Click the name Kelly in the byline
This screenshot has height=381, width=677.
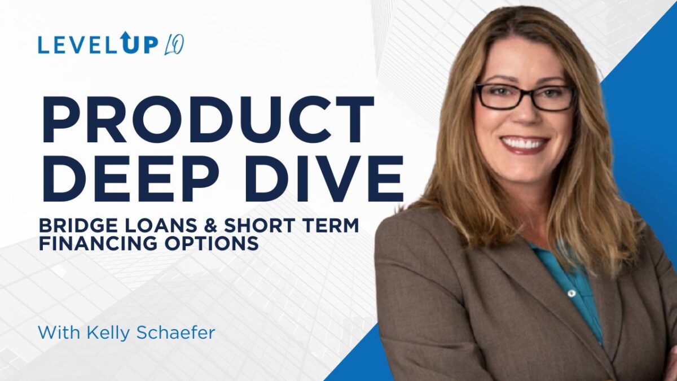(109, 332)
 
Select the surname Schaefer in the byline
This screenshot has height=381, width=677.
(176, 332)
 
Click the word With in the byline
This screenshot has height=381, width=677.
(60, 332)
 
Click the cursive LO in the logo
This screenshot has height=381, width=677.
(174, 45)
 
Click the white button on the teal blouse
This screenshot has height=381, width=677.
(570, 293)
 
